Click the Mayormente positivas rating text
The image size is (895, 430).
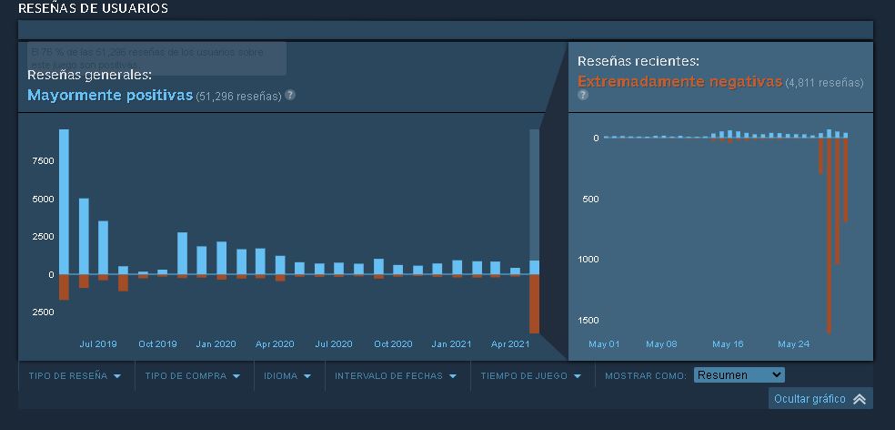(110, 95)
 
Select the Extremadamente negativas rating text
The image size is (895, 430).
(679, 81)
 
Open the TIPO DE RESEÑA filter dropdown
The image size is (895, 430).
(75, 375)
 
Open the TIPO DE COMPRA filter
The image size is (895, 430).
(192, 375)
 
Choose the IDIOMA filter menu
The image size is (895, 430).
(287, 375)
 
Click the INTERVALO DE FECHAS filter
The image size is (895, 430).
(396, 375)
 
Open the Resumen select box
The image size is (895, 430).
(738, 375)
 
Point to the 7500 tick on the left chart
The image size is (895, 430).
(42, 160)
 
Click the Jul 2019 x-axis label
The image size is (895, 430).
(98, 343)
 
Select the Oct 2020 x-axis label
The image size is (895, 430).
(393, 343)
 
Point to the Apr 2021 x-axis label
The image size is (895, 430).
(510, 343)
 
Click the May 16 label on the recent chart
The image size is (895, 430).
(728, 343)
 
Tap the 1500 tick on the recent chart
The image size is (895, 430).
(588, 320)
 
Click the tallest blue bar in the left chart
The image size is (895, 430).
(64, 200)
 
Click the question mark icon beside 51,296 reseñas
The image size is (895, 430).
(290, 95)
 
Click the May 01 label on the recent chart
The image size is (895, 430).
(604, 343)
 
